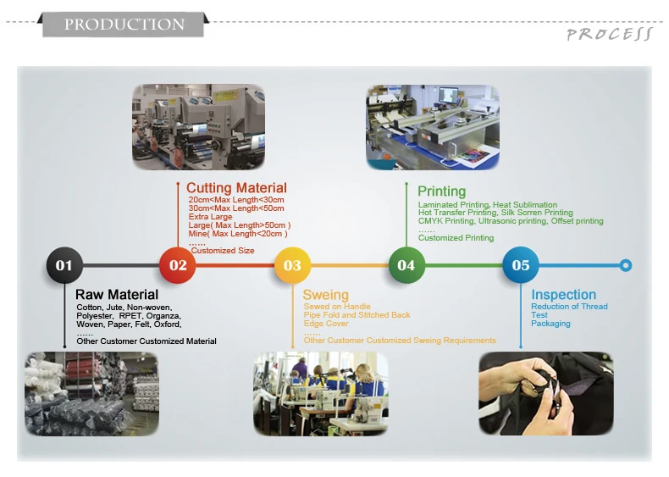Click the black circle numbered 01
tap(64, 265)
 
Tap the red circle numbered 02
tap(178, 265)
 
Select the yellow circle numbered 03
tap(292, 265)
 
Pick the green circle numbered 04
tap(406, 265)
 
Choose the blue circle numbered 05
tap(521, 265)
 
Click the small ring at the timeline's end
tap(626, 265)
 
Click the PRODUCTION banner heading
tap(124, 25)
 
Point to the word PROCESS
tap(610, 34)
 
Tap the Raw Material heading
tap(117, 295)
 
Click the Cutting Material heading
tap(236, 188)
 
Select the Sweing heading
tap(326, 295)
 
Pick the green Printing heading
tap(442, 191)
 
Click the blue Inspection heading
tap(564, 295)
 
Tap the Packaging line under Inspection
tap(550, 324)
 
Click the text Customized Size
tap(223, 251)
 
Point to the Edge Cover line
tap(326, 324)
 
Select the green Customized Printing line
tap(456, 238)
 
